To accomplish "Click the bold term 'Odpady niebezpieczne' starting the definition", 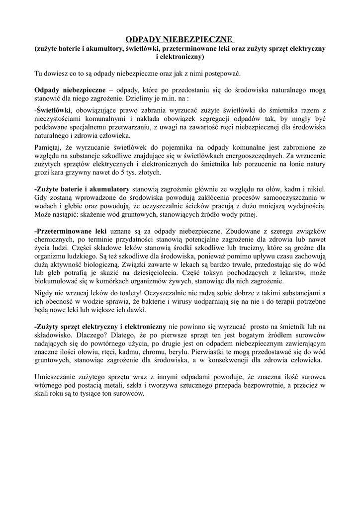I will [70, 90].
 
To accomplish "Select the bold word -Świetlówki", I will [53, 110].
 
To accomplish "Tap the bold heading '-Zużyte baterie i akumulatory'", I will [82, 189].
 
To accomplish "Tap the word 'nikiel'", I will [316, 189].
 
